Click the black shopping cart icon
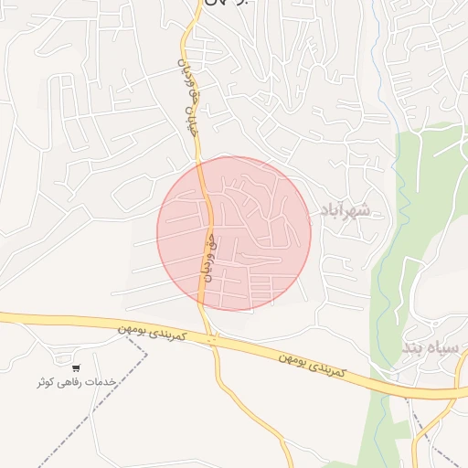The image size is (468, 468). pyautogui.click(x=75, y=367)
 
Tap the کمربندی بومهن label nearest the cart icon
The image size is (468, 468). pyautogui.click(x=153, y=335)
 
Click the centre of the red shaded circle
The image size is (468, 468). pyautogui.click(x=234, y=233)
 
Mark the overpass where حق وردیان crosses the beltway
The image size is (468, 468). pyautogui.click(x=212, y=340)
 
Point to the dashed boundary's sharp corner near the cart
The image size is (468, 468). pyautogui.click(x=146, y=348)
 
